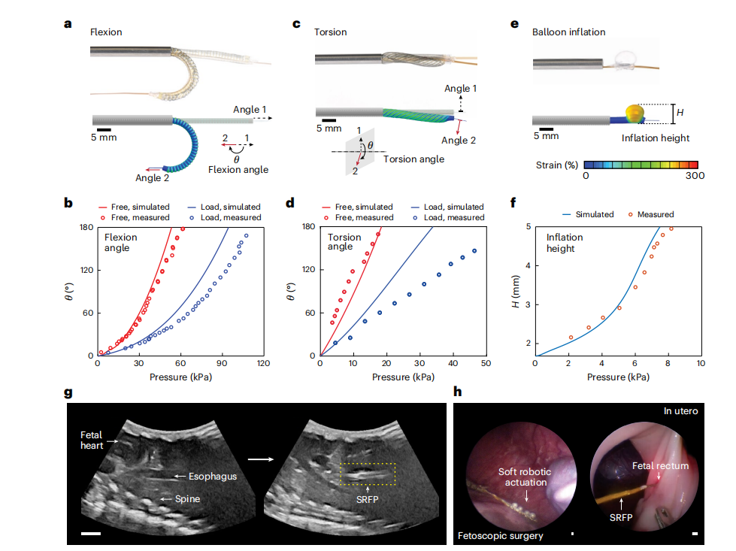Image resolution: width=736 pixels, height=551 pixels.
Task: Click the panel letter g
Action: pyautogui.click(x=69, y=392)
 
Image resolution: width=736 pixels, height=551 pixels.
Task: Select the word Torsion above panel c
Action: pyautogui.click(x=331, y=32)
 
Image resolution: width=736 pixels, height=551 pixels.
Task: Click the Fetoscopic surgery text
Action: pyautogui.click(x=501, y=536)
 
